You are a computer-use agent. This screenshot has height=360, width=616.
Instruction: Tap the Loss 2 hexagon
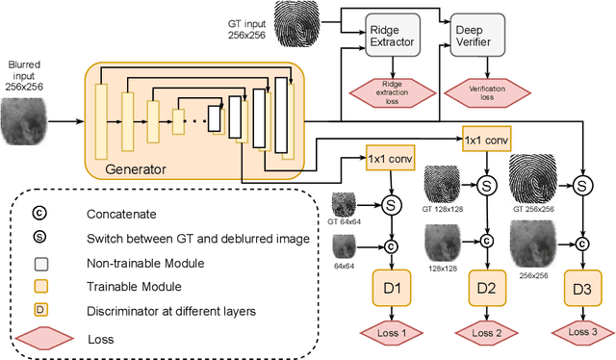point(487,333)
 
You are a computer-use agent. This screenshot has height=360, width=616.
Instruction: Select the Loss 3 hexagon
point(582,333)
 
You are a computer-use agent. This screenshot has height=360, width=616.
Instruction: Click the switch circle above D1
point(392,205)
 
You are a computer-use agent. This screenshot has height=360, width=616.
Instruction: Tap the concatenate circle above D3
point(582,240)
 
